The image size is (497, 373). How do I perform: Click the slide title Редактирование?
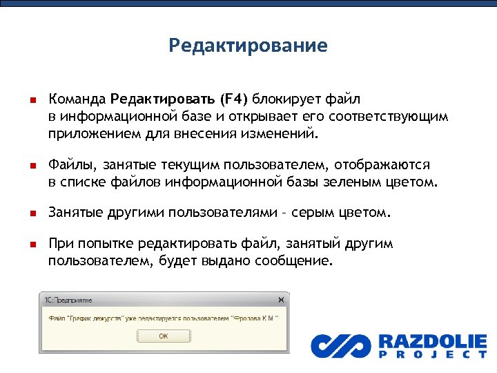(x=248, y=46)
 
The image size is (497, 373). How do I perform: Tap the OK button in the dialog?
(x=163, y=336)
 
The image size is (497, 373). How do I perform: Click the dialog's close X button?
(x=280, y=300)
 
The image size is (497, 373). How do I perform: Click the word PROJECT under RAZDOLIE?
(x=432, y=355)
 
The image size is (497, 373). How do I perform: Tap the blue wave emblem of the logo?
(x=340, y=345)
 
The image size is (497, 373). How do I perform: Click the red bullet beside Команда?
(x=31, y=100)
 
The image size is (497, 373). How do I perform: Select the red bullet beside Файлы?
(x=31, y=166)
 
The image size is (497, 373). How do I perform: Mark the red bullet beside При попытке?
(x=31, y=245)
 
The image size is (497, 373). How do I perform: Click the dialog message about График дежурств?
(x=163, y=318)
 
